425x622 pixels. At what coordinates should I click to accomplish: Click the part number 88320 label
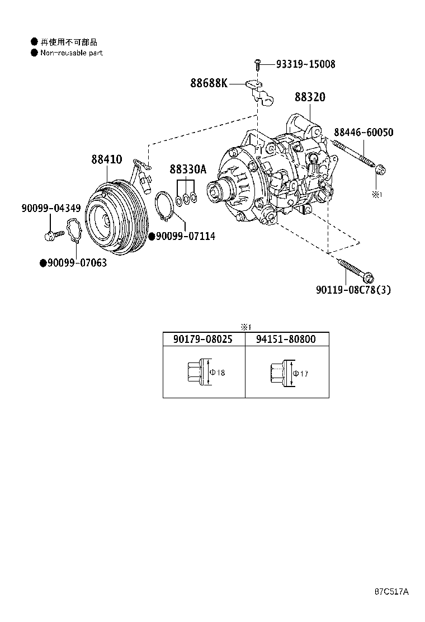coord(310,97)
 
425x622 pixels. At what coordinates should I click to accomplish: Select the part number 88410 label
coord(107,159)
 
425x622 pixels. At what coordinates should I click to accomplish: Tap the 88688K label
coord(209,83)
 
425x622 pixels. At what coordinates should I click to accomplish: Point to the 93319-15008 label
coord(305,64)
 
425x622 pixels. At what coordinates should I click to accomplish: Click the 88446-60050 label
coord(363,133)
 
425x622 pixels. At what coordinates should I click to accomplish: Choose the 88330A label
coord(188,169)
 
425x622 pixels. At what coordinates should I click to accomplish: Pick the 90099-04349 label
coord(51,208)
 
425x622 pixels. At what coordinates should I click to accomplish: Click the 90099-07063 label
coord(77,262)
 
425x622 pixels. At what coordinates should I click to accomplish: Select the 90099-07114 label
coord(185,237)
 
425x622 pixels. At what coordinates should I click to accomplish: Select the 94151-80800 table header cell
coord(286,339)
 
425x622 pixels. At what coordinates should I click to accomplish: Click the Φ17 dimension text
coord(301,373)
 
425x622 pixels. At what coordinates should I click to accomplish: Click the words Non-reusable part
coord(72,53)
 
